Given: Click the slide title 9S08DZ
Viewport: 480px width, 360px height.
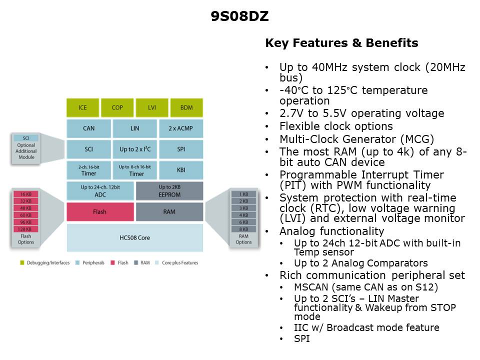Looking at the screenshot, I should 239,17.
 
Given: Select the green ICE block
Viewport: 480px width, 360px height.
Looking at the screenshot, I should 82,107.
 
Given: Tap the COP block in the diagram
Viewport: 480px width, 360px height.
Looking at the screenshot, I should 117,107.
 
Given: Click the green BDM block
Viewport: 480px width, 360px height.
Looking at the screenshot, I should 186,107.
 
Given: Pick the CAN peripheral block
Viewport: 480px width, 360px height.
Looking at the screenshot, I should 88,128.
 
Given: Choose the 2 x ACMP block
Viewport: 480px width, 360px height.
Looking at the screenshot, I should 181,128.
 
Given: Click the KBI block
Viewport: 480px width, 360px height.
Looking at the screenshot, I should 181,170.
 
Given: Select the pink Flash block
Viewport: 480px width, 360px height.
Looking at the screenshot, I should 100,212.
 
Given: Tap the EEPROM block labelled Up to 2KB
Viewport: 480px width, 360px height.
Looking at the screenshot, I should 169,190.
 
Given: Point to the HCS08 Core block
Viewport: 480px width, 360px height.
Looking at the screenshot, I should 135,237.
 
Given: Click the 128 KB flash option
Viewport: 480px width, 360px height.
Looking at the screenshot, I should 25,229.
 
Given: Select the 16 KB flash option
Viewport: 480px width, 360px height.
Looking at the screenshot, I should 25,194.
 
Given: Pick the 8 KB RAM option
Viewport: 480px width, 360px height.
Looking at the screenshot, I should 243,229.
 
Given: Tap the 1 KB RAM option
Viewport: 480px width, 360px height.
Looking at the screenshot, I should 243,194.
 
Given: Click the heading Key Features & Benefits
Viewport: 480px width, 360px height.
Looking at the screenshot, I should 341,43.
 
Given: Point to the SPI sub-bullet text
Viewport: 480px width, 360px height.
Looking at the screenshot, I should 301,339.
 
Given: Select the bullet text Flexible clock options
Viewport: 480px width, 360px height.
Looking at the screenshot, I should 336,126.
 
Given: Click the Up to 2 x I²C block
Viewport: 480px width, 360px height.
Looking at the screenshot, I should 134,149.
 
